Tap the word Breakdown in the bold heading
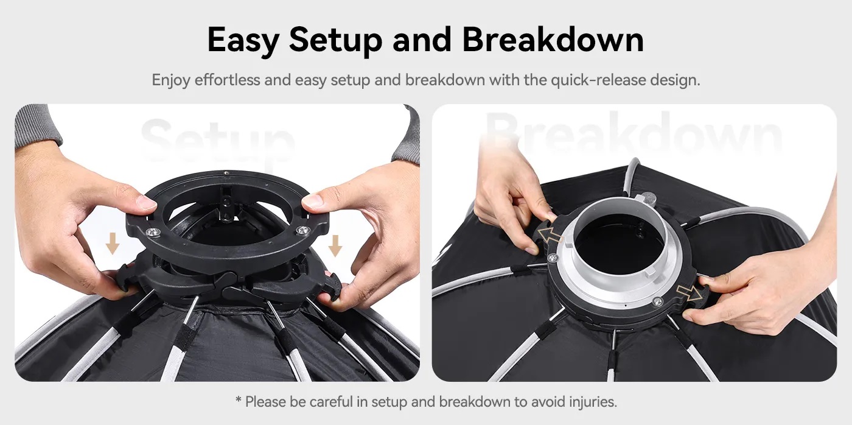553,40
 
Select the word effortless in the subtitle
227,80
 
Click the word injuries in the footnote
592,402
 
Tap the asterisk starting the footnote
238,400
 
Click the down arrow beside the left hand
111,244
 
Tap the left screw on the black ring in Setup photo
150,231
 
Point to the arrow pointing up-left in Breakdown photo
549,235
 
